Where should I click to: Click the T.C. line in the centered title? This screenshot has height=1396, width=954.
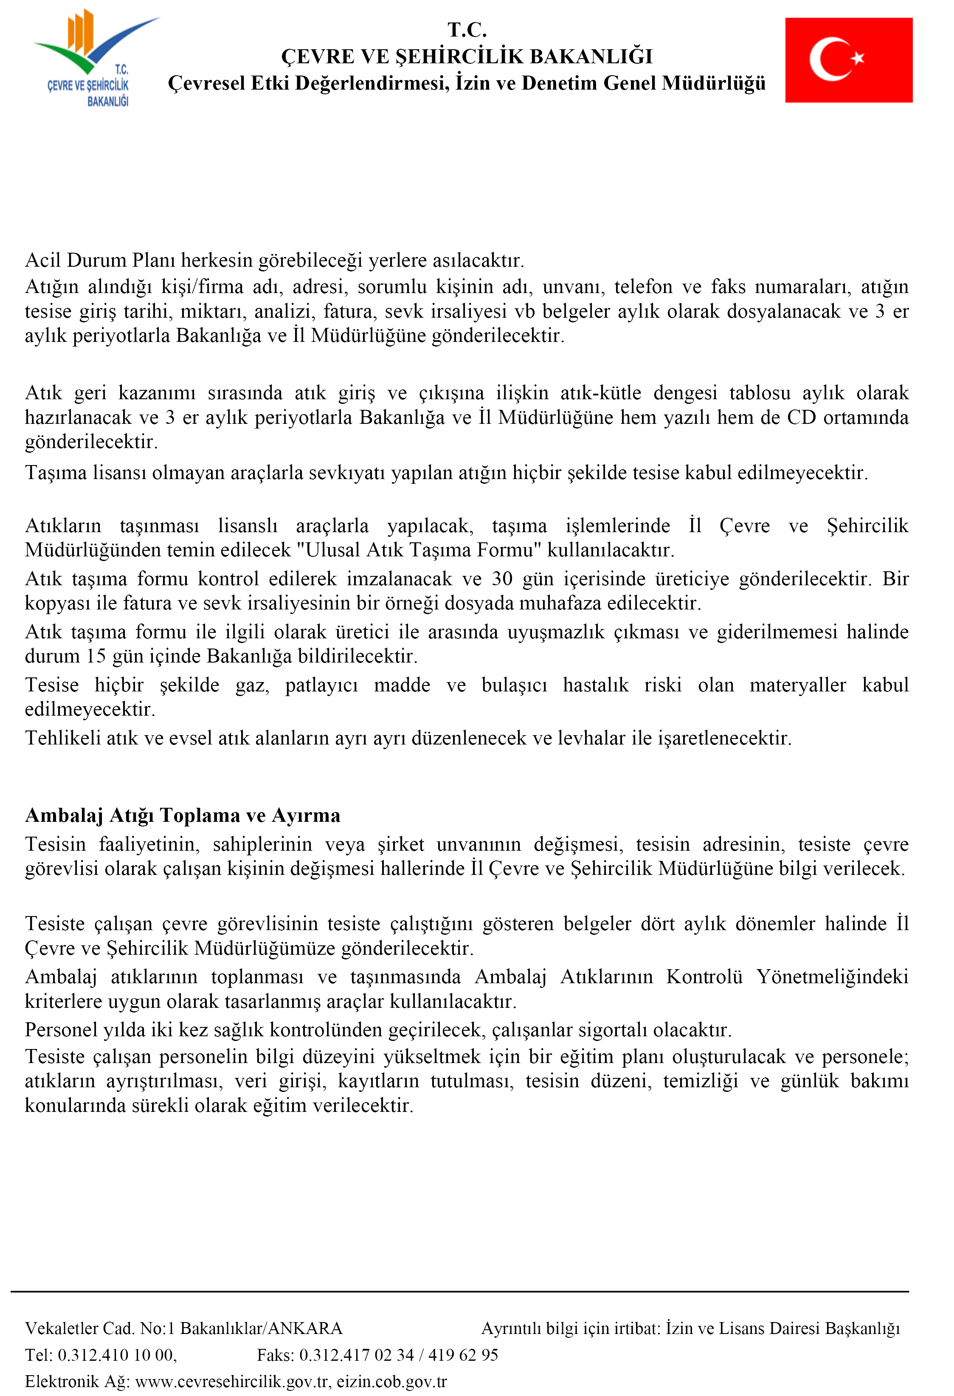(x=467, y=29)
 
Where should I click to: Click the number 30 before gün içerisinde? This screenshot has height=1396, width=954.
(x=502, y=578)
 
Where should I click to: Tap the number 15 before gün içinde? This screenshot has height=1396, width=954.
(x=96, y=655)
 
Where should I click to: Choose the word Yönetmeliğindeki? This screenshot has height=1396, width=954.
(x=832, y=977)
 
